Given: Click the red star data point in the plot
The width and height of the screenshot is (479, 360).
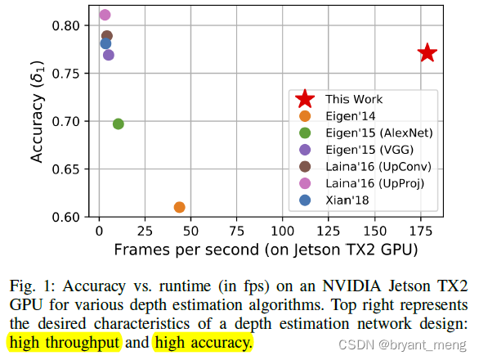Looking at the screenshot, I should [427, 53].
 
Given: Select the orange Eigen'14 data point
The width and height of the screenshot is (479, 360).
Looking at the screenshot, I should [179, 207].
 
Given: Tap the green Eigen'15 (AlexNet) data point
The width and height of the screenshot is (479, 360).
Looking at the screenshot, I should [118, 124].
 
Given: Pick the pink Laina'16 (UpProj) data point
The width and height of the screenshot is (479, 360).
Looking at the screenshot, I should [105, 15].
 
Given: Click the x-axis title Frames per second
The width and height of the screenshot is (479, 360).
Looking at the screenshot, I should [266, 249].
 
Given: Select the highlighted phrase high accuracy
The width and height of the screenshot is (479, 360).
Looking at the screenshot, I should [203, 343].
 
